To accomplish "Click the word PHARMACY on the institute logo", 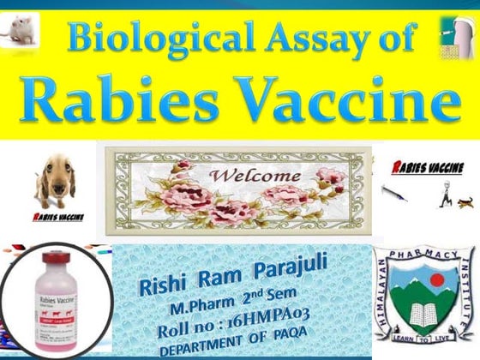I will pyautogui.click(x=423, y=252).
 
